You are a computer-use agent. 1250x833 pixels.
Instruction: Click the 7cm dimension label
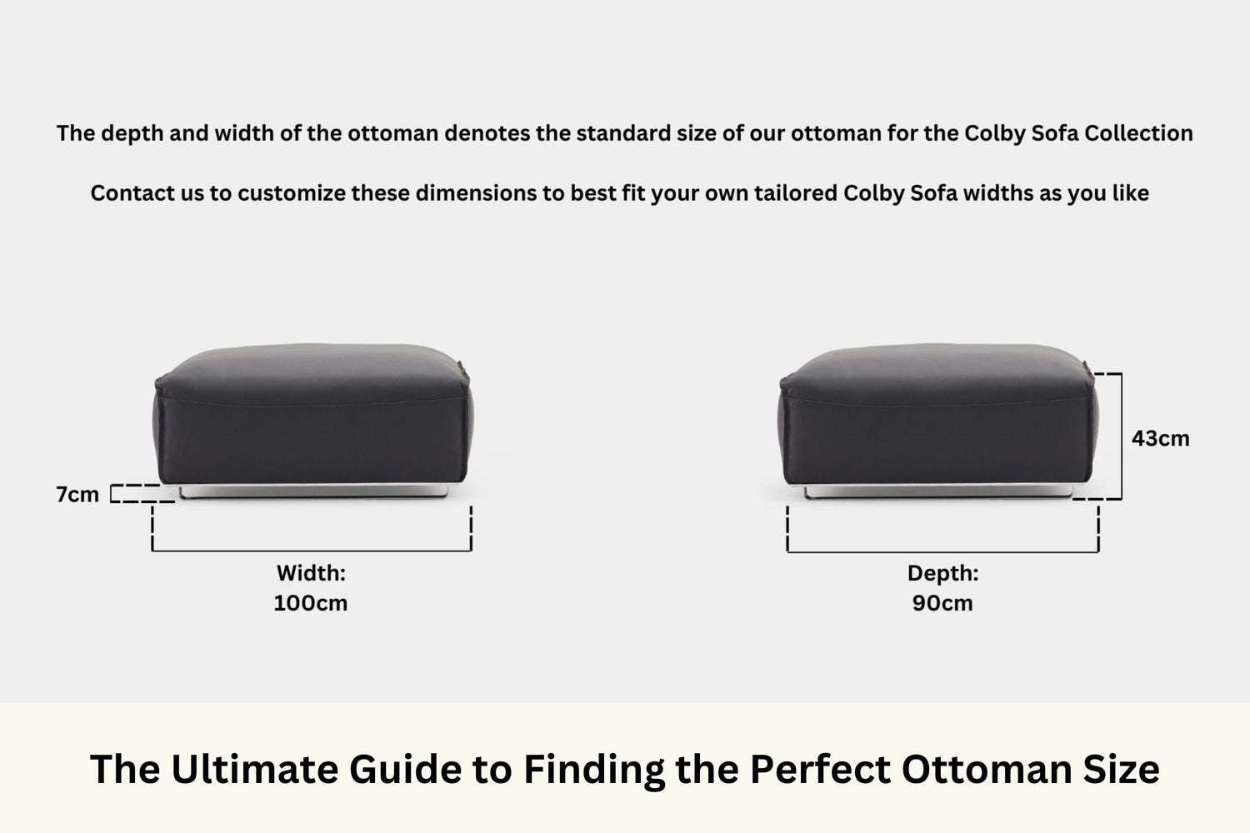(x=77, y=494)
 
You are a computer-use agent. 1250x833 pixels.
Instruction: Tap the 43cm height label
(x=1160, y=438)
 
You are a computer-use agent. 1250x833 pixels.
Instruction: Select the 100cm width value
(x=310, y=603)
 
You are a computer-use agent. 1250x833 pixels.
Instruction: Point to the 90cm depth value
(x=942, y=603)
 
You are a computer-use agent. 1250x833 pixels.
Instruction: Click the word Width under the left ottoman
(x=310, y=573)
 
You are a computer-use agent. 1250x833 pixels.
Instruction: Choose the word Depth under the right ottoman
(x=942, y=573)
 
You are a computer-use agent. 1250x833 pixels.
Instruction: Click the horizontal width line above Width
(x=312, y=550)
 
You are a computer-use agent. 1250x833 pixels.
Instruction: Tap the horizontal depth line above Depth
(x=942, y=551)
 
